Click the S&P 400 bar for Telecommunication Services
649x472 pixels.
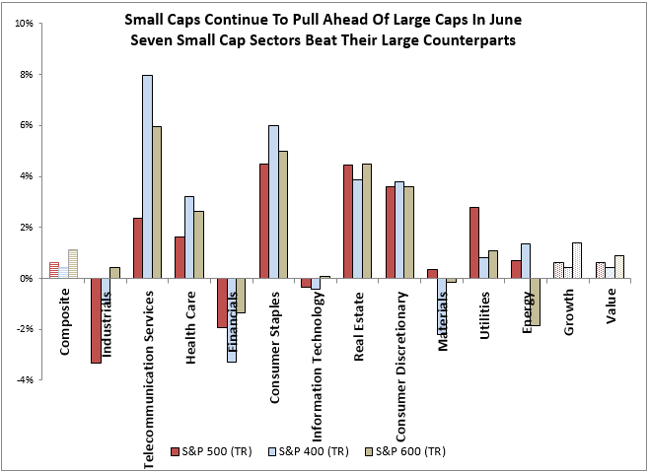click(x=146, y=176)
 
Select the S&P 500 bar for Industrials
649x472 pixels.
click(x=96, y=320)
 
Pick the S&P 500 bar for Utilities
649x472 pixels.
click(x=473, y=242)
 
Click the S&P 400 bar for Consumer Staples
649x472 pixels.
click(x=273, y=202)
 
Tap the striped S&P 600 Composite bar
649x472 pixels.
click(x=73, y=264)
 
